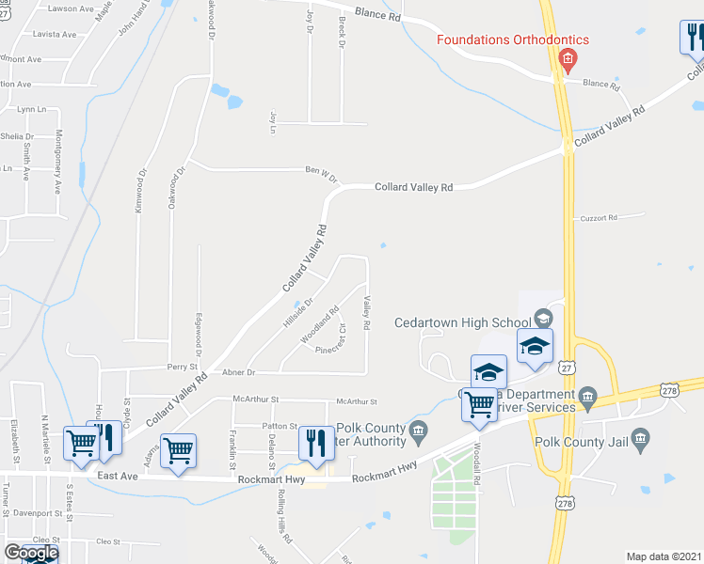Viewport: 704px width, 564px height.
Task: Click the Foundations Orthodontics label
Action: tap(512, 39)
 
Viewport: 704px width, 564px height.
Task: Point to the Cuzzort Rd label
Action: tap(598, 218)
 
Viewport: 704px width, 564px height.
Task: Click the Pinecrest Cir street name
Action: tap(332, 339)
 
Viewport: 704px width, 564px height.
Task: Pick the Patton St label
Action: tap(280, 426)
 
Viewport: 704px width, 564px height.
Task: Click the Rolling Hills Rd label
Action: tap(280, 512)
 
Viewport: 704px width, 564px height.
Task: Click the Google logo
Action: tap(32, 553)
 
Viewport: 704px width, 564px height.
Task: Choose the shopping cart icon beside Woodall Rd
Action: tap(480, 404)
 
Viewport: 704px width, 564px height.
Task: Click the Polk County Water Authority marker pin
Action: tap(420, 431)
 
